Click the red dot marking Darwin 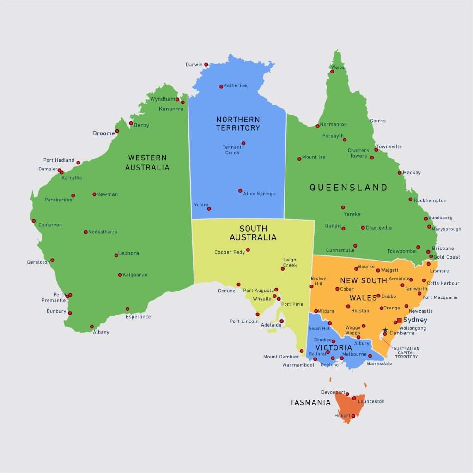(x=206, y=65)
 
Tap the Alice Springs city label (x=259, y=194)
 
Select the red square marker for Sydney (x=399, y=320)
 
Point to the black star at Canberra (x=385, y=330)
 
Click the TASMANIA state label (x=310, y=402)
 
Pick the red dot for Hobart (x=353, y=416)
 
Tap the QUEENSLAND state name (x=348, y=188)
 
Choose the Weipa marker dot (x=332, y=72)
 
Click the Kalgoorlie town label (x=135, y=275)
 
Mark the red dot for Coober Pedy (x=248, y=250)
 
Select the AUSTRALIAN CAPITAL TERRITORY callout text (x=406, y=352)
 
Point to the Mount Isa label (x=314, y=157)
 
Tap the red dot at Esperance (x=127, y=309)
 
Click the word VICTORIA (x=334, y=347)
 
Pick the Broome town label (x=104, y=133)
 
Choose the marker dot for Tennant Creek (x=243, y=143)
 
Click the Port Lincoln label (x=244, y=321)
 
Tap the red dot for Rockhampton (x=410, y=200)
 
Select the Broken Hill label (x=319, y=281)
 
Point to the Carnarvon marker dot (x=33, y=221)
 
